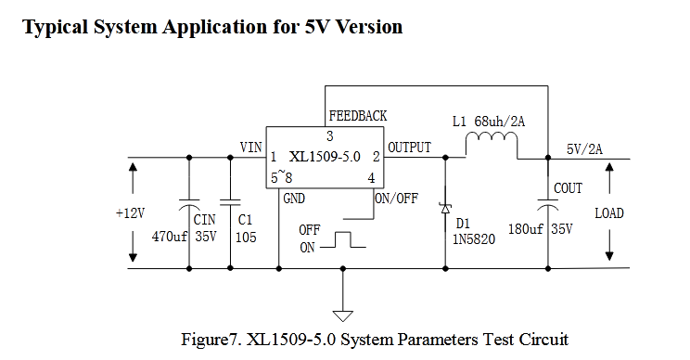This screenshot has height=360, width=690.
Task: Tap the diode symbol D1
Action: coord(445,207)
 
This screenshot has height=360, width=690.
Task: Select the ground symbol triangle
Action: coord(343,316)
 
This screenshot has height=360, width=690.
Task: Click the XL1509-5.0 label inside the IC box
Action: coord(325,157)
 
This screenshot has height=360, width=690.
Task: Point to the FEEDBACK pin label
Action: coord(358,116)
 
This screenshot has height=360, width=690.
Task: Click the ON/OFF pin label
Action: coord(396,199)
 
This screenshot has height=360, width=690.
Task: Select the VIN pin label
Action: coord(250,147)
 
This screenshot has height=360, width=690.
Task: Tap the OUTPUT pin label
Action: coord(409,148)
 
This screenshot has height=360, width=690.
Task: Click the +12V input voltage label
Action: coord(130,213)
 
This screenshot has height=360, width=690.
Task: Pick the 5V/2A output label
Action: coord(584,149)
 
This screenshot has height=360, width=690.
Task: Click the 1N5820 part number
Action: coord(474,239)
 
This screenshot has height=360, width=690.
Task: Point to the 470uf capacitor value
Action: coord(170,237)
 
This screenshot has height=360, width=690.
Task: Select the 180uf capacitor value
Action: coord(526,229)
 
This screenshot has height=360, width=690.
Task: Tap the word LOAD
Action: coord(609,213)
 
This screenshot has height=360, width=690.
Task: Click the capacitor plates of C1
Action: coord(230,202)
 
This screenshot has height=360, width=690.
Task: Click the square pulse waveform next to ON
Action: coord(343,239)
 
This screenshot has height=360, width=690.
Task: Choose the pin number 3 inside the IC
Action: coord(329,136)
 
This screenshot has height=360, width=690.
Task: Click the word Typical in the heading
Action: coord(56,27)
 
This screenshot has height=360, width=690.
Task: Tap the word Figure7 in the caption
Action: coord(210,340)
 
